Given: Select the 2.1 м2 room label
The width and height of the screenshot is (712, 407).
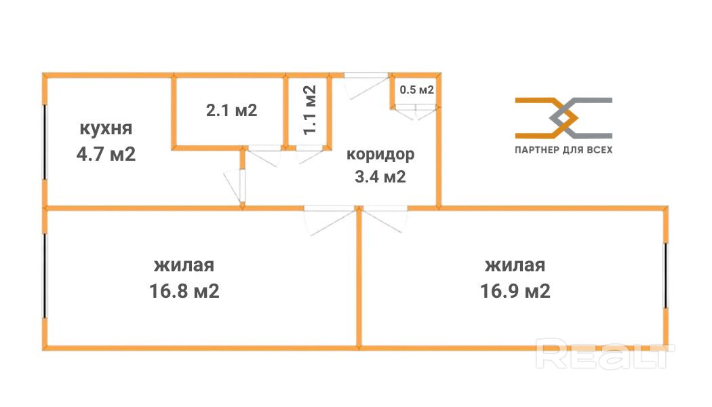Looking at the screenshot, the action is pyautogui.click(x=231, y=110).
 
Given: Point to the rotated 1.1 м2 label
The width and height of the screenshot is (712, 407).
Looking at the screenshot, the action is pyautogui.click(x=310, y=110).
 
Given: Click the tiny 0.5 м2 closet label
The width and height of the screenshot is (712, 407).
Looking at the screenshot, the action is pyautogui.click(x=416, y=90).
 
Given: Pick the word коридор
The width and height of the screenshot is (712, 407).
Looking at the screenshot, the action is pyautogui.click(x=380, y=154).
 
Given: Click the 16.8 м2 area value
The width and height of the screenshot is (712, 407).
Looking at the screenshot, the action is pyautogui.click(x=184, y=292).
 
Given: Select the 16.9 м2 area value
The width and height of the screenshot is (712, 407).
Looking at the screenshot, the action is pyautogui.click(x=515, y=292).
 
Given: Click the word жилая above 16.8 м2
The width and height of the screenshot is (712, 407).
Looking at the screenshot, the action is pyautogui.click(x=184, y=265).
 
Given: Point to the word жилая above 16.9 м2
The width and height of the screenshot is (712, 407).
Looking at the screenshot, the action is pyautogui.click(x=515, y=265).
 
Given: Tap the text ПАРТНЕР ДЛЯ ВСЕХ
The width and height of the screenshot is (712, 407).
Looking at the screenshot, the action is pyautogui.click(x=563, y=150).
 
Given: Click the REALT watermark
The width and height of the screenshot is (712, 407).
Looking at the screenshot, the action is pyautogui.click(x=606, y=353).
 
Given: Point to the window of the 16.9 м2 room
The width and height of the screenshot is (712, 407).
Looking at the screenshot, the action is pyautogui.click(x=666, y=275).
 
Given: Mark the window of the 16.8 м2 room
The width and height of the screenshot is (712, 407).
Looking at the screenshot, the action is pyautogui.click(x=45, y=275).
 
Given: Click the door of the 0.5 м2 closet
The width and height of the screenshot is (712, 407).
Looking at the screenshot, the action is pyautogui.click(x=415, y=112).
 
